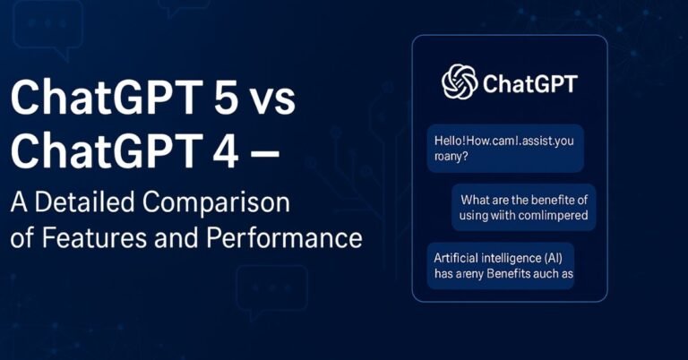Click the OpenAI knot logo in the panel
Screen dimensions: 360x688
coord(459,83)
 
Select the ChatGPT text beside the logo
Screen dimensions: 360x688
coord(529,84)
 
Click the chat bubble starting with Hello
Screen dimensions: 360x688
coord(505,148)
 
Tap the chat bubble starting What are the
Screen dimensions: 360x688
coord(525,207)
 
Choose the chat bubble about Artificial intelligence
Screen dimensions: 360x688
coord(500,267)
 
